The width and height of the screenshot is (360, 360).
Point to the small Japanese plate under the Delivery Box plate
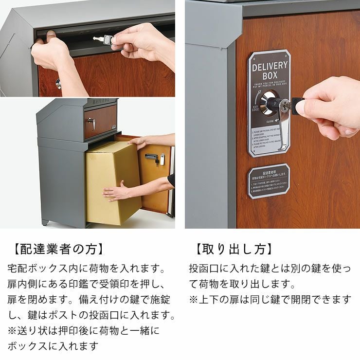coord(269,181)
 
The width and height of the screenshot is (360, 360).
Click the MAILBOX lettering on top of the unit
coord(102,101)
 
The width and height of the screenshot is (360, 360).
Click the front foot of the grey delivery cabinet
coord(46,223)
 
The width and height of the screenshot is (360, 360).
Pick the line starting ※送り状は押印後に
coord(84,330)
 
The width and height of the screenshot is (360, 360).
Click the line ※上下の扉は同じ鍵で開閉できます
coord(270,299)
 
